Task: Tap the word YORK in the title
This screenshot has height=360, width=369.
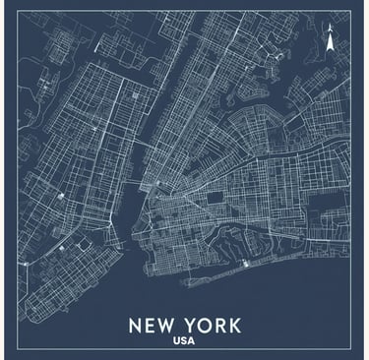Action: [x=215, y=325]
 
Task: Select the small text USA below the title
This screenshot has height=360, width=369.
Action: [x=183, y=342]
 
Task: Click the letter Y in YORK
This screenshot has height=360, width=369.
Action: [x=193, y=325]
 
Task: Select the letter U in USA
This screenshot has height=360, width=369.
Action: [x=175, y=342]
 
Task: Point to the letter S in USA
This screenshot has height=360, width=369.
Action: [x=183, y=342]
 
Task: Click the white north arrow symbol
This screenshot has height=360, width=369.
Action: [x=331, y=42]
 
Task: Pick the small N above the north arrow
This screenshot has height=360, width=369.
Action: [x=331, y=30]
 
